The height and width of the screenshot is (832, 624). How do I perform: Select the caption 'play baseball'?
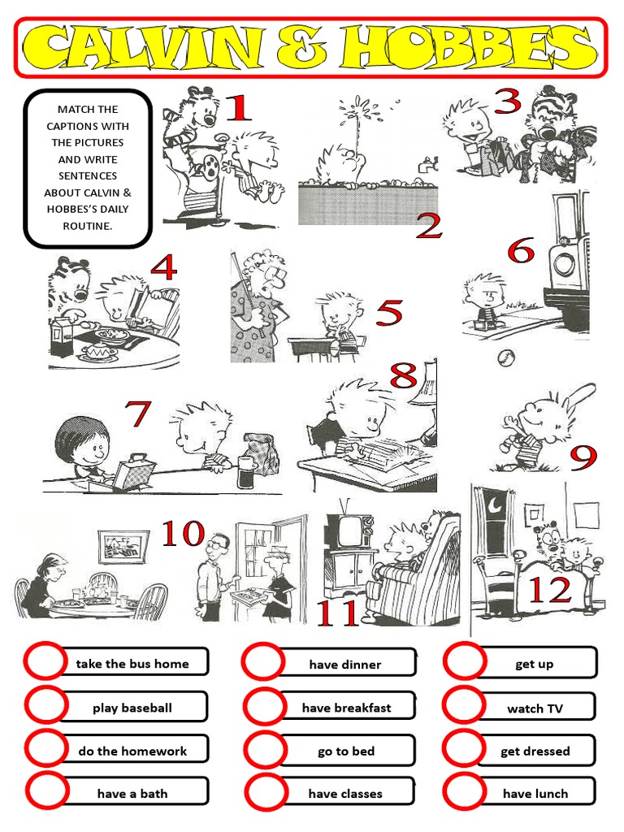coord(132,708)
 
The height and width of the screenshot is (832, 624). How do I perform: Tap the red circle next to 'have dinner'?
coord(262,663)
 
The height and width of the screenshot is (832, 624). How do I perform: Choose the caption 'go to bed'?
coord(346,752)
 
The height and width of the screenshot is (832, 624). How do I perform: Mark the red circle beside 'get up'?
coord(464,662)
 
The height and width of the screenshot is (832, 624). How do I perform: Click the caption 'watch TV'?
coord(535,708)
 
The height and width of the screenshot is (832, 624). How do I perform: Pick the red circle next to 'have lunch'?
coord(464,792)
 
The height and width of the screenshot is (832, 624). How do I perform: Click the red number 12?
coord(550,591)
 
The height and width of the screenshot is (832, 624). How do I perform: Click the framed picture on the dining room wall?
coord(123,546)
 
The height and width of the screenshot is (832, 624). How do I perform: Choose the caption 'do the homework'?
coord(132,752)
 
